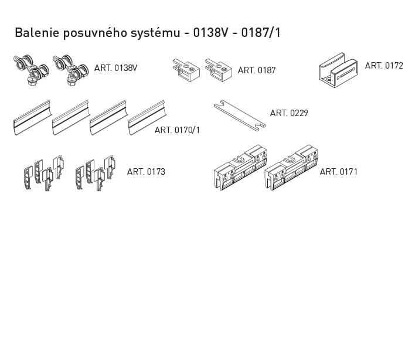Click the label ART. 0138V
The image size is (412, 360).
(x=115, y=68)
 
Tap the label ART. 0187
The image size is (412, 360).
(x=257, y=70)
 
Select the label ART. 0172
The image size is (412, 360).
(x=384, y=66)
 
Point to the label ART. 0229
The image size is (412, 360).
(x=289, y=113)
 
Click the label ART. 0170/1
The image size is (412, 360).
(x=177, y=130)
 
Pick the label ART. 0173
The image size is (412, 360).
(x=146, y=172)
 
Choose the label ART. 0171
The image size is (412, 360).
(x=339, y=172)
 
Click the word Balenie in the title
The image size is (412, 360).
(x=36, y=33)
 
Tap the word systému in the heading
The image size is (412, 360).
(x=156, y=33)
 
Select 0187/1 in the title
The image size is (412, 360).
(x=261, y=33)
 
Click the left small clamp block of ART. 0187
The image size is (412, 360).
(x=186, y=70)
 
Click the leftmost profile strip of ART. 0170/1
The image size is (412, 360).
(x=32, y=117)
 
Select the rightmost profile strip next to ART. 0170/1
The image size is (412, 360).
(x=147, y=117)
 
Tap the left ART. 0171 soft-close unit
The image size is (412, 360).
(x=240, y=167)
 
